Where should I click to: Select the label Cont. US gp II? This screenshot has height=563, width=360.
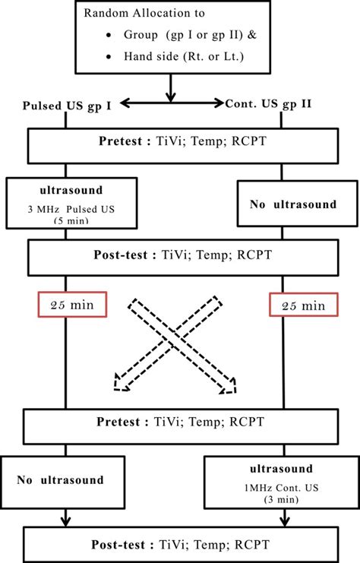point(268,104)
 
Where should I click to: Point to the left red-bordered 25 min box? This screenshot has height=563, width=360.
point(72,305)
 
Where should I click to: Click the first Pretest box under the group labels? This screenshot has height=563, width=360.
point(182,141)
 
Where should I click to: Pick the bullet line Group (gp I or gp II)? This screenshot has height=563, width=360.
point(188,36)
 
